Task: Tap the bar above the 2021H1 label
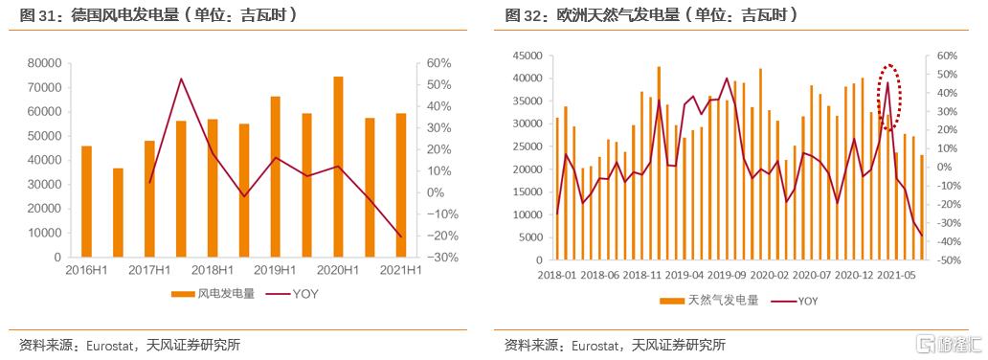tap(401, 185)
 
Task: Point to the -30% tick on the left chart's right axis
tap(438, 258)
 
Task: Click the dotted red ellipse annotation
tap(890, 97)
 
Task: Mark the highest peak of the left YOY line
tap(181, 79)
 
